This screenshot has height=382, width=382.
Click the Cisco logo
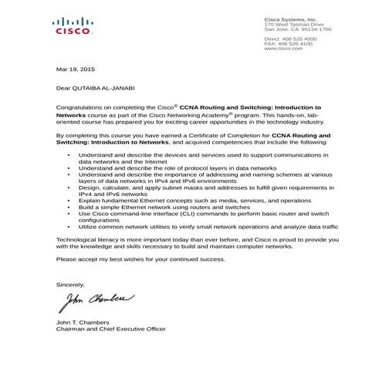click(75, 27)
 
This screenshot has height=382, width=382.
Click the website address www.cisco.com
click(282, 49)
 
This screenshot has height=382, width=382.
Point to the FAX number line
click(289, 43)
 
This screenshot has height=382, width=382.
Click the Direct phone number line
click(289, 38)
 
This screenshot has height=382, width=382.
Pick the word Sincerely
click(70, 284)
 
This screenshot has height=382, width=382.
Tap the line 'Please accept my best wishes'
click(140, 260)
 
